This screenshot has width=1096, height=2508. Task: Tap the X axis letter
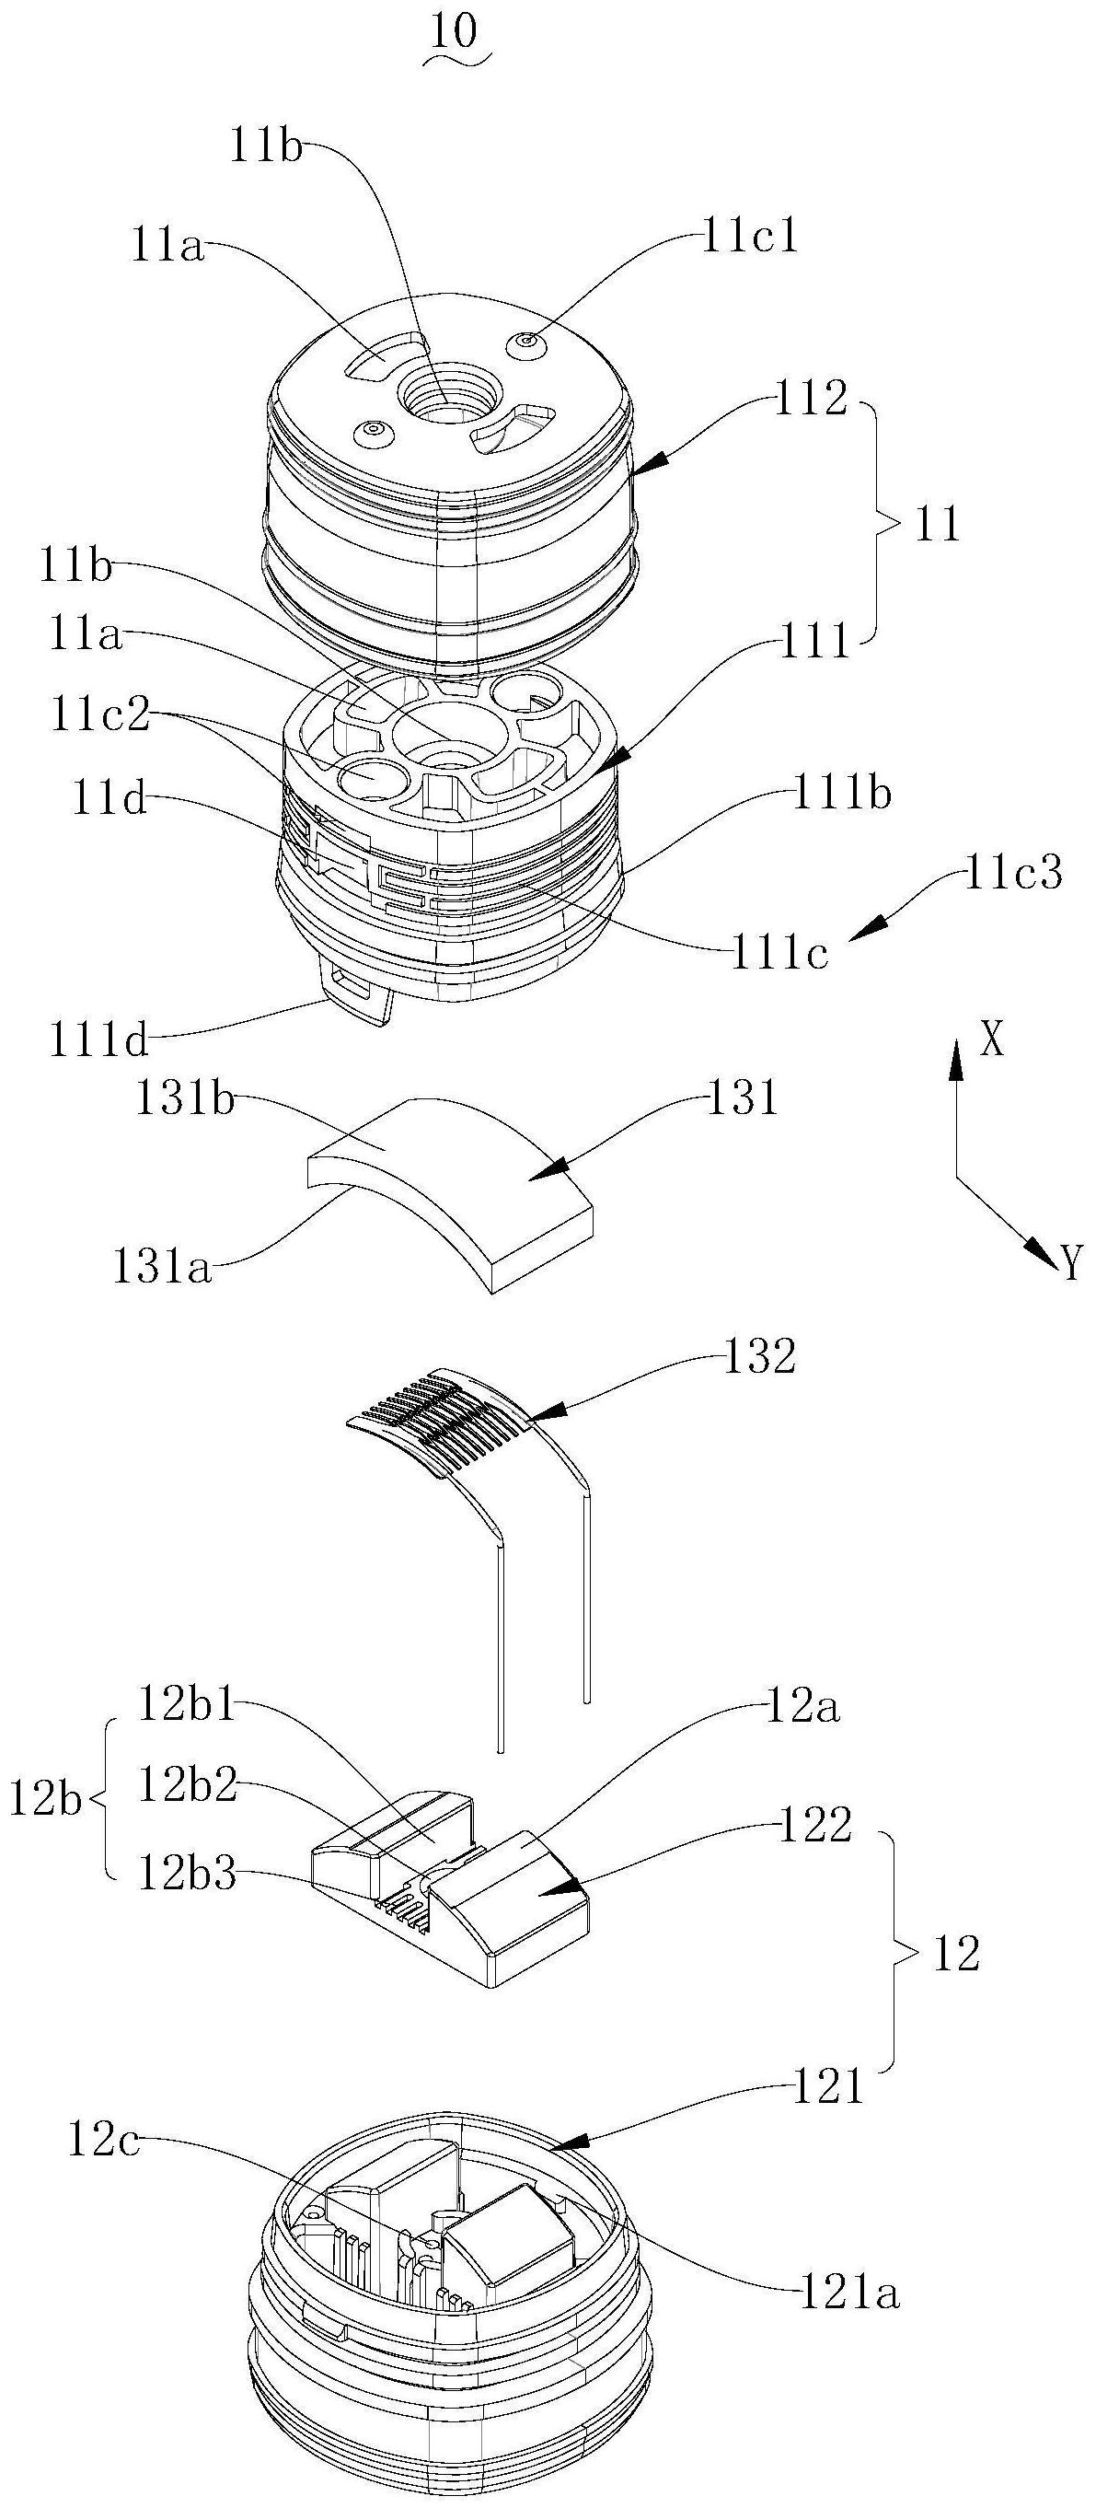point(991,1040)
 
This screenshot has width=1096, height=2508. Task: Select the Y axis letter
point(1069,1264)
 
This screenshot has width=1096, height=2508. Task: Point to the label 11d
point(109,800)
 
